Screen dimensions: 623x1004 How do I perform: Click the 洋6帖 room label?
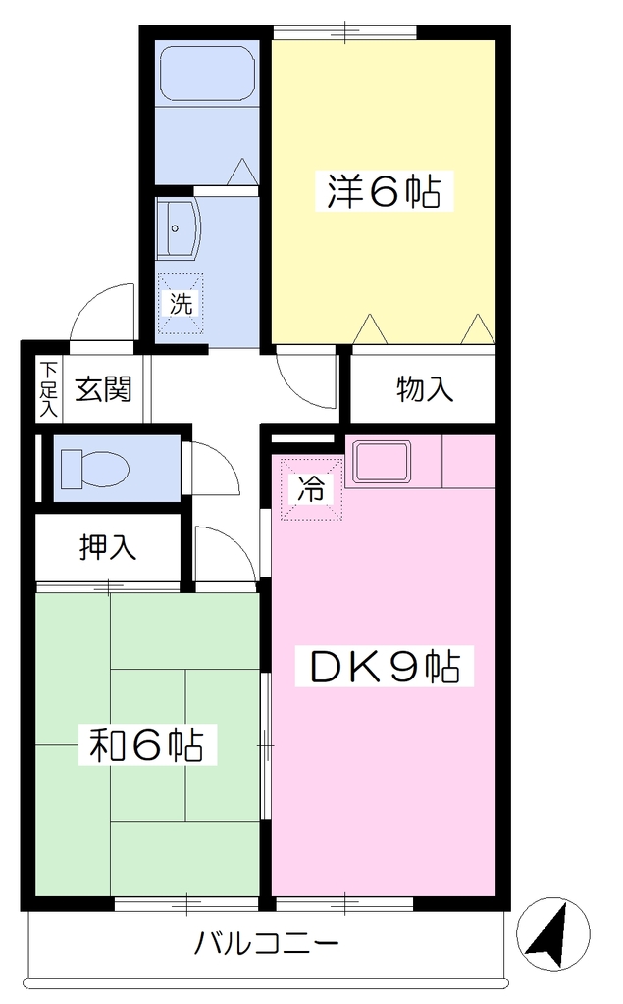pos(384,190)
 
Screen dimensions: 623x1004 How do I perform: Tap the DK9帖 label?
pos(385,667)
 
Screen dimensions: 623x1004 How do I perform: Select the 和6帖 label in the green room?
pos(147,745)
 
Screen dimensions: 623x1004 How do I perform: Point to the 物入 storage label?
pos(425,388)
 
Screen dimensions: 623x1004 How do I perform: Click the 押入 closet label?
pos(108,547)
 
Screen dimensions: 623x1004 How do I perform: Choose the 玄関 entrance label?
pos(103,388)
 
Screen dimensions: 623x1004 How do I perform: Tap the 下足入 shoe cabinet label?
pos(48,389)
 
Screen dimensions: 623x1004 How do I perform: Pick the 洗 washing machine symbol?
pos(181,304)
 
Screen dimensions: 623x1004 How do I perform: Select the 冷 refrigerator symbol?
pos(310,488)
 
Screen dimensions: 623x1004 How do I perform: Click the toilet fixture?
pos(94,468)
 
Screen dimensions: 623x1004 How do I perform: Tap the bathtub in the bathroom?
pos(207,74)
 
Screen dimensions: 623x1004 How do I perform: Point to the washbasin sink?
pos(178,229)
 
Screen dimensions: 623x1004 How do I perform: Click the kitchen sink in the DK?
pos(382,462)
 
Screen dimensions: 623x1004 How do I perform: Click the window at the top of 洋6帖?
pos(344,31)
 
